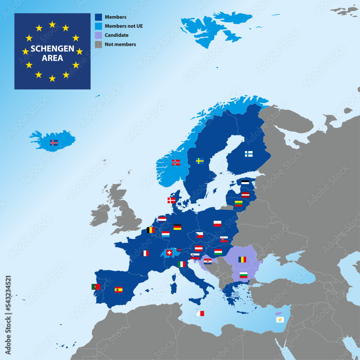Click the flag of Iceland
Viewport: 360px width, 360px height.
pyautogui.click(x=54, y=143)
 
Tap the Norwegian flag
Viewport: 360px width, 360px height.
pyautogui.click(x=176, y=162)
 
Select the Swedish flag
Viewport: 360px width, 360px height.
pyautogui.click(x=200, y=161)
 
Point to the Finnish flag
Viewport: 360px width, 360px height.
pyautogui.click(x=249, y=154)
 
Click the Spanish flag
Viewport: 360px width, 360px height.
pyautogui.click(x=118, y=289)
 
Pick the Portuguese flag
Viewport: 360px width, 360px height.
pyautogui.click(x=96, y=287)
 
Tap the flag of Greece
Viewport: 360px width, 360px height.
pyautogui.click(x=235, y=294)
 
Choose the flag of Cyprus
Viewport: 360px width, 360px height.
pyautogui.click(x=280, y=320)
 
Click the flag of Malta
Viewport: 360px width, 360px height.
pyautogui.click(x=200, y=314)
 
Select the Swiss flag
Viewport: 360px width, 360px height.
pyautogui.click(x=169, y=252)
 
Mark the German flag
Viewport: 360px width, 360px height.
pyautogui.click(x=177, y=227)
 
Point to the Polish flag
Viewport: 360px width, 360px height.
pyautogui.click(x=217, y=224)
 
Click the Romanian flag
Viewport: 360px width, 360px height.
pyautogui.click(x=242, y=259)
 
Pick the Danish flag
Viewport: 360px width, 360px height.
pyautogui.click(x=171, y=200)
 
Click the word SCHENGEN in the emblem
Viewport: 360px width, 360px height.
pyautogui.click(x=52, y=49)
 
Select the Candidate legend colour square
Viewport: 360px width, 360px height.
pyautogui.click(x=98, y=35)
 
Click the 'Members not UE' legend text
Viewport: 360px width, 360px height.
pyautogui.click(x=123, y=26)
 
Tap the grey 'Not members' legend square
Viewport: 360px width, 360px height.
pyautogui.click(x=98, y=44)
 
